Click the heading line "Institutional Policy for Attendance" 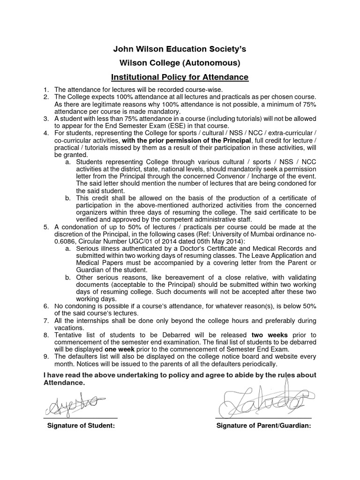(x=180, y=77)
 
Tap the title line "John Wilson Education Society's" (x=180, y=49)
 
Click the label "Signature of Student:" (x=81, y=426)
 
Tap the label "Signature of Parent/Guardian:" (x=264, y=426)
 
